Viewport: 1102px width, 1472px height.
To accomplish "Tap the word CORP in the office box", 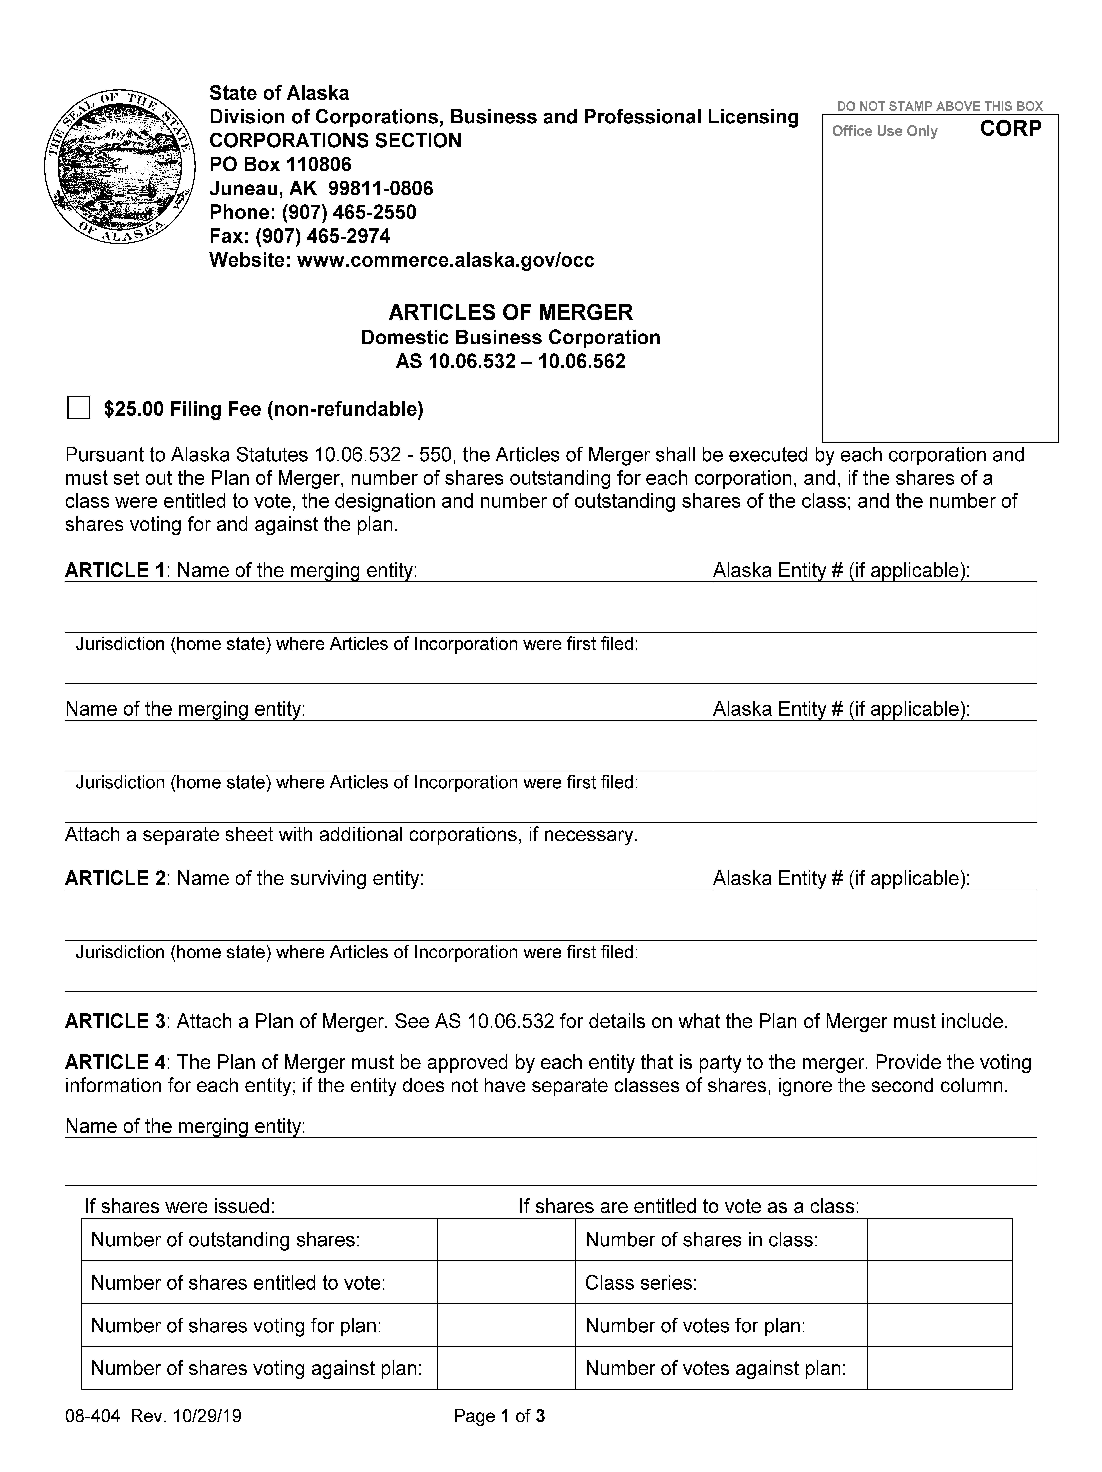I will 1010,128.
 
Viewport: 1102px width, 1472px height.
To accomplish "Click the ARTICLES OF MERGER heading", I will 510,312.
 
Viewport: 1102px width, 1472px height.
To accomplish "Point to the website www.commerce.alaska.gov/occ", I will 445,260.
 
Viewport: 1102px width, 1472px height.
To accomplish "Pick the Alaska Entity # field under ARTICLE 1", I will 874,607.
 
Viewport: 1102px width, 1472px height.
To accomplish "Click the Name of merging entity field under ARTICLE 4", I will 550,1161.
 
